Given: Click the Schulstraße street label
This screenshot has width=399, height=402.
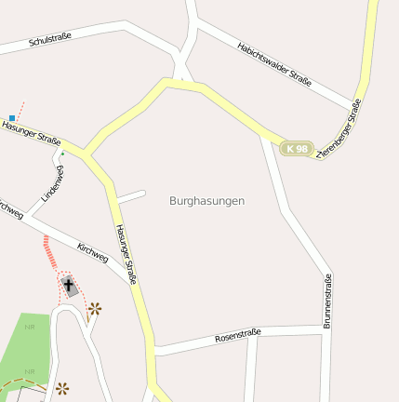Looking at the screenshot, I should pos(50,42).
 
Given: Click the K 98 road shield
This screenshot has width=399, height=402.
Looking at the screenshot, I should pos(297,148).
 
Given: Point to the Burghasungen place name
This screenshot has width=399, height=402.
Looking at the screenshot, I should pos(206,200).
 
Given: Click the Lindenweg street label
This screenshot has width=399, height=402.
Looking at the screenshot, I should pos(53,183).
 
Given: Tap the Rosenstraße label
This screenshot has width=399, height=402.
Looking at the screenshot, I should pos(237,336).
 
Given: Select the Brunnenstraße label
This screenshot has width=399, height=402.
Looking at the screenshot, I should pos(327,302).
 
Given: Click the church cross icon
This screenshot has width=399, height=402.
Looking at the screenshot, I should pos(70,285).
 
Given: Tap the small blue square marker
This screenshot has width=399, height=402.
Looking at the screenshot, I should pos(12,118).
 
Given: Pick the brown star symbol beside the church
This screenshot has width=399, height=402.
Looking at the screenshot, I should pos(94,309).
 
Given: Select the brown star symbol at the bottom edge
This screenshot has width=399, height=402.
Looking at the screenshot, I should pos(61,388).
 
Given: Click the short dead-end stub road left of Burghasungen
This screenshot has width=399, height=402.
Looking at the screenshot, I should pos(132,196).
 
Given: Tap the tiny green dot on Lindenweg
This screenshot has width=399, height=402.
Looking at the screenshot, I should pos(62,154).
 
